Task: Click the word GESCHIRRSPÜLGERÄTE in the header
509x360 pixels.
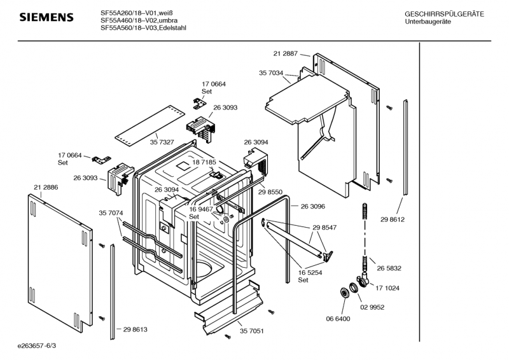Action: (x=444, y=14)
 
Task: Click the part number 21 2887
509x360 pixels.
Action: (x=286, y=53)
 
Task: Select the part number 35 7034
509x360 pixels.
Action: (x=270, y=73)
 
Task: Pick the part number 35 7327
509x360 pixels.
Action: (x=162, y=141)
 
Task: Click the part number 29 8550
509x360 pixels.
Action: (x=271, y=191)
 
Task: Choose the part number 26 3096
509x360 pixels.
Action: (x=312, y=207)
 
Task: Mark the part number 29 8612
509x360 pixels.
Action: (x=393, y=219)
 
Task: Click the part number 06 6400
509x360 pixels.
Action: (x=337, y=319)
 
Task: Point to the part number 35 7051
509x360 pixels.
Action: (x=252, y=331)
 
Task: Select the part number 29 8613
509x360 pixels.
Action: (x=135, y=329)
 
